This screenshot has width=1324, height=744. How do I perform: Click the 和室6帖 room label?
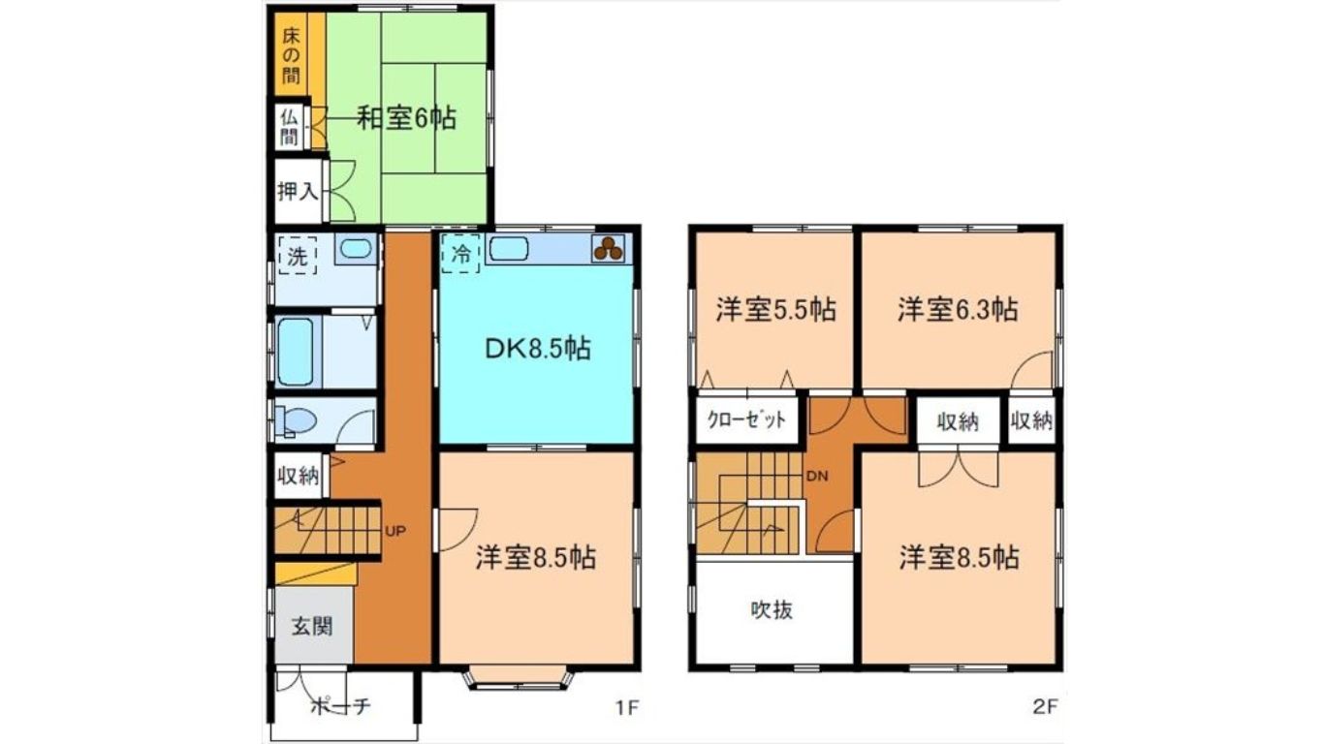pyautogui.click(x=407, y=118)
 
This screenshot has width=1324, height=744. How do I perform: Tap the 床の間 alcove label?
pyautogui.click(x=291, y=55)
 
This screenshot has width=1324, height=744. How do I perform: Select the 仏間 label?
pyautogui.click(x=289, y=128)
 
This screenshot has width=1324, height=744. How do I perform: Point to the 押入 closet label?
pyautogui.click(x=298, y=191)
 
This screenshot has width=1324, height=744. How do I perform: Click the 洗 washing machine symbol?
pyautogui.click(x=298, y=256)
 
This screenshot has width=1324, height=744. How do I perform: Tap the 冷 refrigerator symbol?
pyautogui.click(x=460, y=254)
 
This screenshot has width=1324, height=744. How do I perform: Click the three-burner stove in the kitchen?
pyautogui.click(x=609, y=249)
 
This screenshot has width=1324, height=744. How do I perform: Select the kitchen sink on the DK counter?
pyautogui.click(x=509, y=249)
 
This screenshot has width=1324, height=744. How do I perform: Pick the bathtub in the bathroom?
pyautogui.click(x=295, y=352)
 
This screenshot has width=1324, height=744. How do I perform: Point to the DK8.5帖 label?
pyautogui.click(x=537, y=349)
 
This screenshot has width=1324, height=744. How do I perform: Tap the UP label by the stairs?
pyautogui.click(x=395, y=531)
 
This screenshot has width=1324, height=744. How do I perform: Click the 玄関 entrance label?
pyautogui.click(x=312, y=627)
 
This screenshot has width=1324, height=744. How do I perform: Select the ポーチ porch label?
pyautogui.click(x=340, y=705)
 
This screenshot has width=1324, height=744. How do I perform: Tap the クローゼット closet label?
pyautogui.click(x=746, y=419)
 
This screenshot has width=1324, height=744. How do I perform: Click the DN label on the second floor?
pyautogui.click(x=817, y=476)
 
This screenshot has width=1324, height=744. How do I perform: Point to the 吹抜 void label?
pyautogui.click(x=772, y=610)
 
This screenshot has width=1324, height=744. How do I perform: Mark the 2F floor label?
pyautogui.click(x=1044, y=707)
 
